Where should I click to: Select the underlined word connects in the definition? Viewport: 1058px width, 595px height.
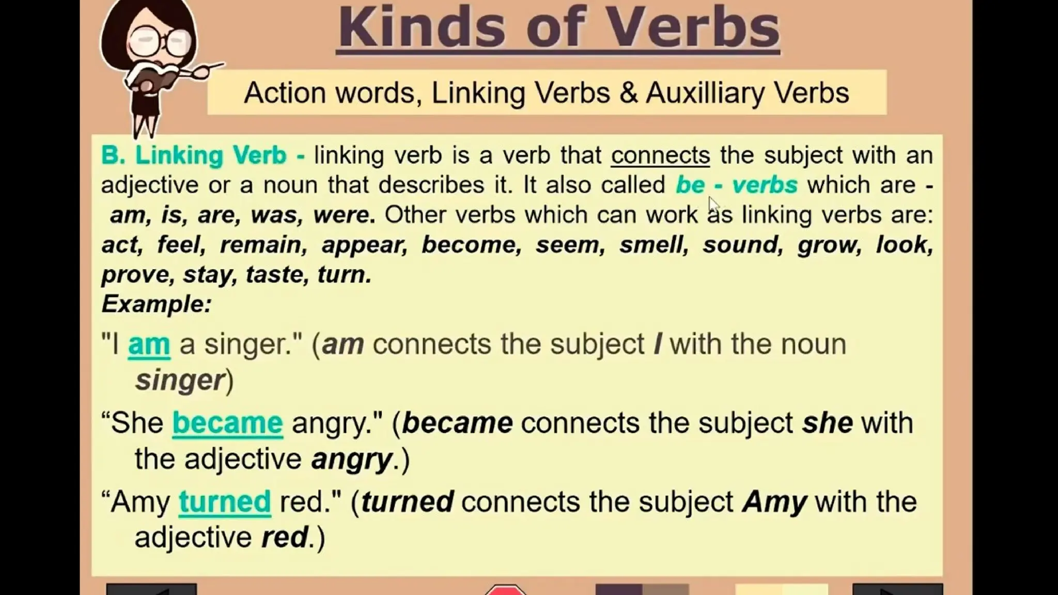point(660,155)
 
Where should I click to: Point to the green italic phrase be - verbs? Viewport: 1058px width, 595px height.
point(737,185)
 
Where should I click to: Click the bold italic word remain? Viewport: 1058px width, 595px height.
point(260,245)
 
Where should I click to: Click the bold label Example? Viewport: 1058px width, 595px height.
point(157,304)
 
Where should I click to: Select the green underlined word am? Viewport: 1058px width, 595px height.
point(149,345)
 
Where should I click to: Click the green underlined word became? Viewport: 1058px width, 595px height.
point(227,423)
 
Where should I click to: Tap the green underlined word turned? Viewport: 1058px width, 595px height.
point(225,502)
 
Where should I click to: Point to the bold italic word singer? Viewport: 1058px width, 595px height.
point(180,380)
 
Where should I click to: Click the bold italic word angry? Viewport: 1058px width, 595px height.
point(352,459)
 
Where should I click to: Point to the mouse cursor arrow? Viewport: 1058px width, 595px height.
point(713,204)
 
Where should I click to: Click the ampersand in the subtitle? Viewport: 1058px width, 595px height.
point(628,93)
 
